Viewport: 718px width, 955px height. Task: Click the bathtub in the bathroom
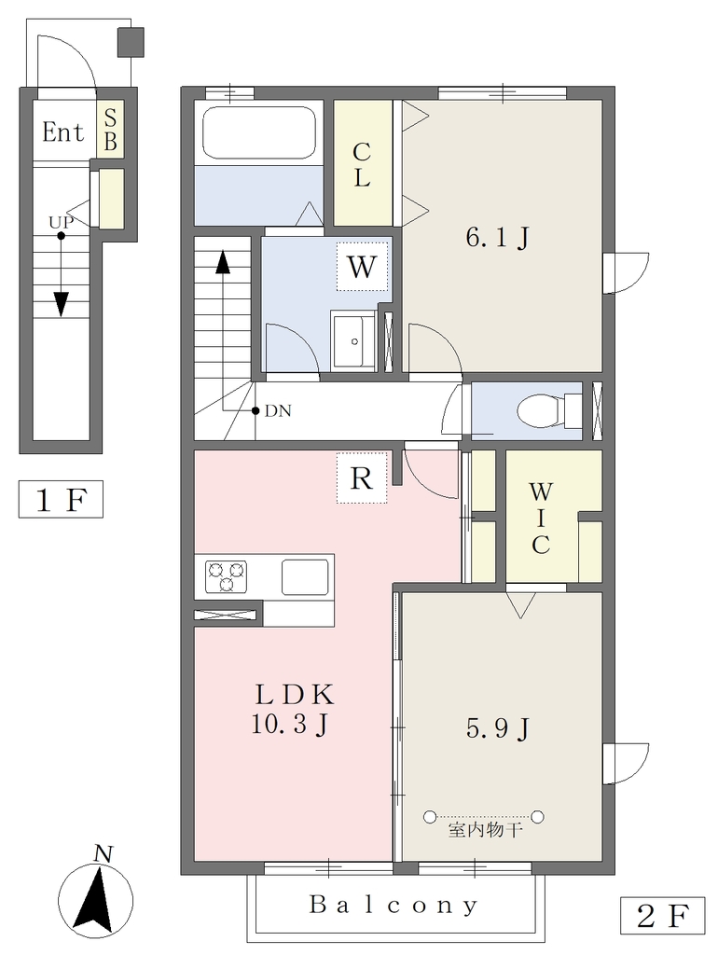tap(258, 132)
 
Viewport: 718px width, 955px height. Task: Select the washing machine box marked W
tap(362, 266)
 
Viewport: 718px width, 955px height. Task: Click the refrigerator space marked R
tap(362, 478)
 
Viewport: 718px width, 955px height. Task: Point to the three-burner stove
tap(227, 576)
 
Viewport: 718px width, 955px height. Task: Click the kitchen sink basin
tap(305, 576)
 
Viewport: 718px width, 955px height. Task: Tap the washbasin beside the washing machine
tap(353, 340)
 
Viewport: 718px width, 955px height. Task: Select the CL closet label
tap(362, 164)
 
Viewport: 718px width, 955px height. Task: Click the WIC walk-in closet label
tap(541, 518)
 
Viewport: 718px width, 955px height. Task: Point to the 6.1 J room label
tap(497, 238)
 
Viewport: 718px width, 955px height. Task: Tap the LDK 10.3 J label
tap(293, 709)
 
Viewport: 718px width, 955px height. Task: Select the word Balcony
tap(394, 905)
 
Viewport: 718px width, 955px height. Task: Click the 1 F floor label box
tap(61, 500)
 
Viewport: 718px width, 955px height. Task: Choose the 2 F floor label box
tap(663, 916)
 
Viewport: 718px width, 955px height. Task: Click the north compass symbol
tap(96, 896)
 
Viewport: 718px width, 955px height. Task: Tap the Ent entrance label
tap(62, 132)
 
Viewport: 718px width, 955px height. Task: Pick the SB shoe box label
tap(110, 130)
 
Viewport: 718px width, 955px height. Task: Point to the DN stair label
tap(278, 411)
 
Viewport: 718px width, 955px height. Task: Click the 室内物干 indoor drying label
tap(486, 830)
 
